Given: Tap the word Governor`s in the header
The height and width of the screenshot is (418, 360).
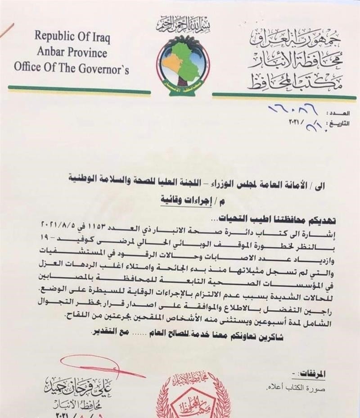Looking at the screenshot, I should pos(107,68).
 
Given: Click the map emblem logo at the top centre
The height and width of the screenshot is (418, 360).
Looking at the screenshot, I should pos(183,59).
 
